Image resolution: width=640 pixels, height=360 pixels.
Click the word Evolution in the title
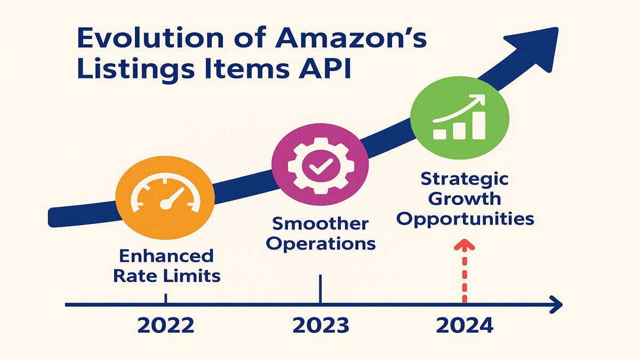coord(150,38)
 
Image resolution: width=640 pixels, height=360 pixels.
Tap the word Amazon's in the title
coord(351,38)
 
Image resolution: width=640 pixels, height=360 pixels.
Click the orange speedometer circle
coord(165,198)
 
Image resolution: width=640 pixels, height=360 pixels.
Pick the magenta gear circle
coord(320,164)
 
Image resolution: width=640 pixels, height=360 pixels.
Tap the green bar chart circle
coord(459,118)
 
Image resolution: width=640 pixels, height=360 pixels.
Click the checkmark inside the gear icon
coord(321,166)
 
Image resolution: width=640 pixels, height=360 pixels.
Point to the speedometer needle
coord(171,198)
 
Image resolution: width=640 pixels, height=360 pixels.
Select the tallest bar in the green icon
coord(479,125)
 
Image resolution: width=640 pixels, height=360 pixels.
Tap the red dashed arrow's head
coord(465,245)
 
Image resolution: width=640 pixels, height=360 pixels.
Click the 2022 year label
coord(166,325)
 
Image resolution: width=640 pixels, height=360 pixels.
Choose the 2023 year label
coord(321,325)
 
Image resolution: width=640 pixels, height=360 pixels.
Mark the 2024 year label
coord(465,325)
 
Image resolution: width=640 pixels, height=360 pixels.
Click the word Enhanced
coord(166,255)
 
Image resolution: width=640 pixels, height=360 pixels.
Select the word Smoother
coord(321,223)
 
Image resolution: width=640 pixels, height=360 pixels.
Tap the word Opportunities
coord(465,220)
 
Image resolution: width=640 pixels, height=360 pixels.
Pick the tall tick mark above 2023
coord(321,289)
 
